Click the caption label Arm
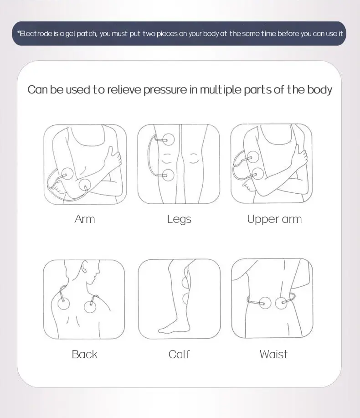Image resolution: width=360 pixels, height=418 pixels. [85, 219]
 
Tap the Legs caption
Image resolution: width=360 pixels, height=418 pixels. [179, 220]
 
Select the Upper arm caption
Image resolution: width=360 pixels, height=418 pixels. [274, 220]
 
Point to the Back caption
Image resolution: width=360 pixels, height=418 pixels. [84, 354]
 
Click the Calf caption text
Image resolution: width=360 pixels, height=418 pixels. [179, 354]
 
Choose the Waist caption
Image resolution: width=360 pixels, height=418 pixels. [274, 354]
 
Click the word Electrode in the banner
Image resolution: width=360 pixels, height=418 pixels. [36, 34]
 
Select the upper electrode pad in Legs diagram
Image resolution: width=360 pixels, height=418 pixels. [169, 139]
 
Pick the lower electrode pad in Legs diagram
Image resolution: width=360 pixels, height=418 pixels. [168, 175]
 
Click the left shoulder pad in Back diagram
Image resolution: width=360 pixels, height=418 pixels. [63, 304]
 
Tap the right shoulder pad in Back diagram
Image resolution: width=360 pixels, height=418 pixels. [90, 307]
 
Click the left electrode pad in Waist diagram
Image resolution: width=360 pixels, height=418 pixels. [265, 303]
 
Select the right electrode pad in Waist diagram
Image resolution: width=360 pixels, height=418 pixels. [281, 303]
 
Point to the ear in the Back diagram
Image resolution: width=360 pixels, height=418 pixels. [84, 267]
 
